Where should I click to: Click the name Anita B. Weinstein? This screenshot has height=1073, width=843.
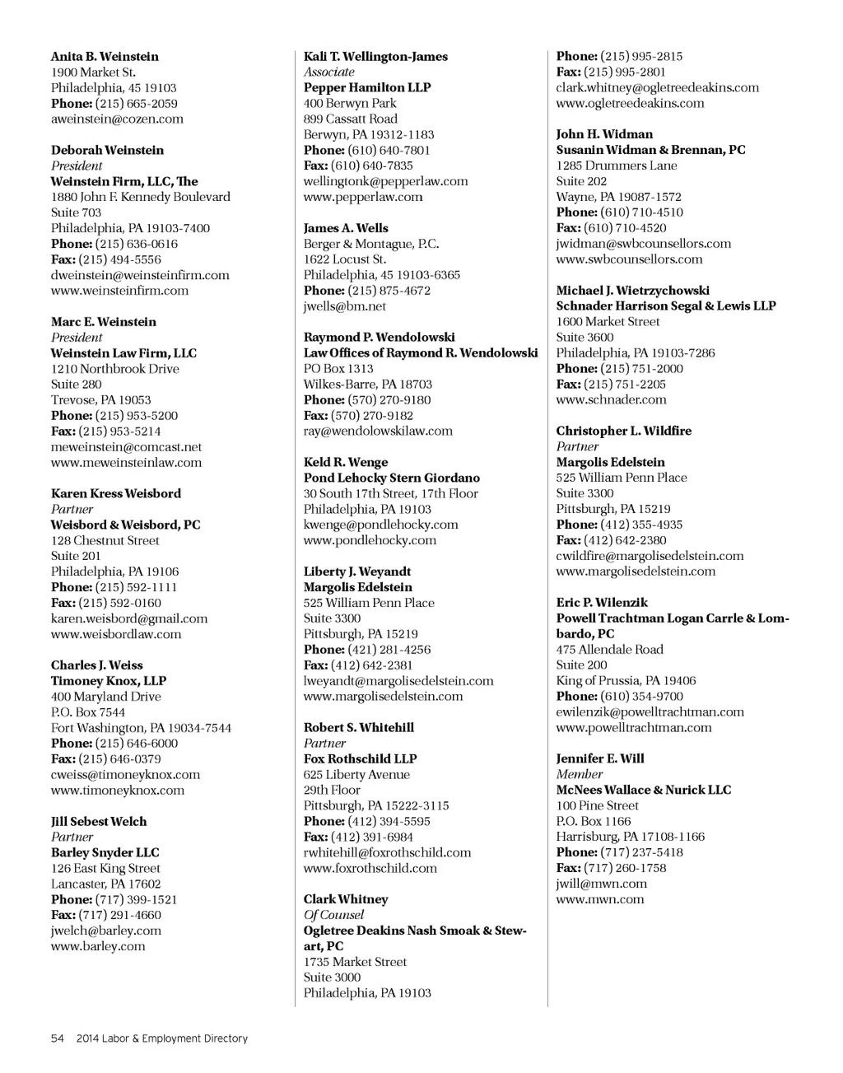point(105,57)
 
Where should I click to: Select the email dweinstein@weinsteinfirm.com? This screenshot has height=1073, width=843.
point(140,275)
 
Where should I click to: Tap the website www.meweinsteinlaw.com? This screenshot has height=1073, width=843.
point(126,463)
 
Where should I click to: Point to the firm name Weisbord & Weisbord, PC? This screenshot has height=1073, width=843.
point(125,525)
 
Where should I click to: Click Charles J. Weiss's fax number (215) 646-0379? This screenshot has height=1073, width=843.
point(120,759)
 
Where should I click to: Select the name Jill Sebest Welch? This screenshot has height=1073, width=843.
point(99,822)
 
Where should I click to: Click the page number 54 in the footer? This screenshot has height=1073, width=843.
point(58,1038)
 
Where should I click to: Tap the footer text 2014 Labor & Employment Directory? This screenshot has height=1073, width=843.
point(162,1038)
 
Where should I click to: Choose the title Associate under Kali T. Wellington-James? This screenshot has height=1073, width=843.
point(328,72)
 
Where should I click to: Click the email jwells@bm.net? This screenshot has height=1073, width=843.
point(344,306)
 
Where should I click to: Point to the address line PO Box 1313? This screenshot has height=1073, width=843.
point(338,369)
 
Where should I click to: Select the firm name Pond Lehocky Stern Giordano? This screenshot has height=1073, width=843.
point(391,478)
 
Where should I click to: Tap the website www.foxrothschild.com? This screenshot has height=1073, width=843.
point(370,868)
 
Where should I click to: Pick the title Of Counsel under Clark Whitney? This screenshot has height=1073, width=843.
point(333,915)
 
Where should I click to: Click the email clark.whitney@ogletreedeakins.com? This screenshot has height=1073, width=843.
point(657,88)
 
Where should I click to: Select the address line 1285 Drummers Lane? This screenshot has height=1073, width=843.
point(617,166)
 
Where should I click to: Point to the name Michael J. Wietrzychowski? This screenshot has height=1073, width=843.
point(632,291)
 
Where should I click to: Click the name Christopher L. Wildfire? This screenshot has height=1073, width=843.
point(623,431)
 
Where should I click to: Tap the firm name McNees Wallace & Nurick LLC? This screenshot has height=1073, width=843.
point(643,790)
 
